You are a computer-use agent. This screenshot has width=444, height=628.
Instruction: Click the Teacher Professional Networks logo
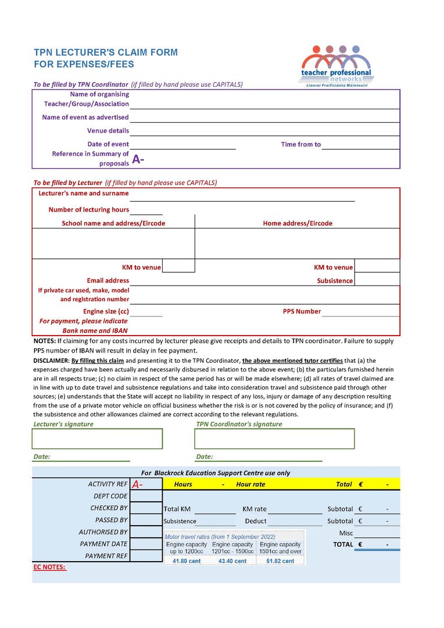click(x=336, y=65)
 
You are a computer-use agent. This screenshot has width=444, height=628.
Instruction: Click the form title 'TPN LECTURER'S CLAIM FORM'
click(x=106, y=52)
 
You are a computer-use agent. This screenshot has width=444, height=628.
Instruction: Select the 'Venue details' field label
click(x=108, y=131)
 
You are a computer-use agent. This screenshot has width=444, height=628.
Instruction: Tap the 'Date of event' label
click(x=108, y=144)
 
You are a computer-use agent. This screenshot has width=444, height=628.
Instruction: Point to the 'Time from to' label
click(x=300, y=145)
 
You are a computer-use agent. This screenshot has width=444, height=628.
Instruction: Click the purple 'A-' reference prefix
click(x=138, y=159)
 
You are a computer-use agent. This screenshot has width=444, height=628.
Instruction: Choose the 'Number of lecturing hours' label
click(x=89, y=210)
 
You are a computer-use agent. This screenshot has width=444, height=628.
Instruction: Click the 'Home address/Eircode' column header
click(x=298, y=223)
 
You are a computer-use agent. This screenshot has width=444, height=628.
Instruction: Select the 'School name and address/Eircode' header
click(x=113, y=223)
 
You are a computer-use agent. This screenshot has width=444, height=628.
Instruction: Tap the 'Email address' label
click(x=108, y=281)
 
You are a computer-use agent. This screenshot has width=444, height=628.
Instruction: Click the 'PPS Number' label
click(x=302, y=312)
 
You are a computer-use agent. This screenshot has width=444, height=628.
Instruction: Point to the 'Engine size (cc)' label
click(x=106, y=312)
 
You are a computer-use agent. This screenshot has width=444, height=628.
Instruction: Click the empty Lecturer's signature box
click(x=98, y=439)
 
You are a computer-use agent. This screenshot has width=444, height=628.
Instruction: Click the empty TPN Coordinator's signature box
click(x=275, y=439)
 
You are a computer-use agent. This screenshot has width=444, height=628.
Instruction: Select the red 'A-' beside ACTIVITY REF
click(x=138, y=484)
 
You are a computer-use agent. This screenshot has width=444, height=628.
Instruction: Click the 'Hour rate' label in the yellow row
click(x=250, y=484)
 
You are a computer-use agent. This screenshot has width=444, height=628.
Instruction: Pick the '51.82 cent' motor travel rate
click(x=281, y=561)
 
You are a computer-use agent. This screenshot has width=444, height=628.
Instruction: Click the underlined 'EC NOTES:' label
click(x=49, y=568)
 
